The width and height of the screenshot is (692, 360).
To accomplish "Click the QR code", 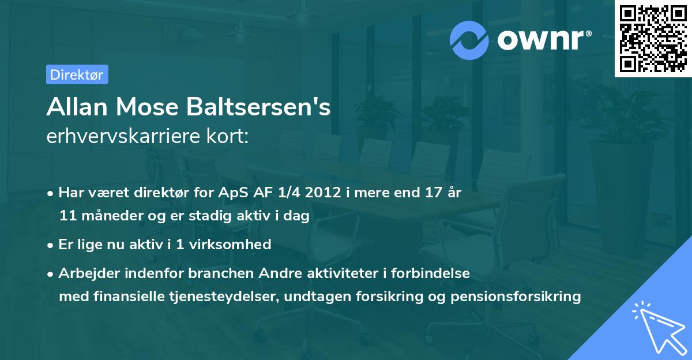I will click(x=653, y=39).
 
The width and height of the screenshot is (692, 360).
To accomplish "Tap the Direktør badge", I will click(x=77, y=74).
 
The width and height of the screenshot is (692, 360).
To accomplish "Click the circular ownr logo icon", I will click(x=469, y=40).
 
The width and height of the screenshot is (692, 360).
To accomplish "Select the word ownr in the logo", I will click(x=541, y=40).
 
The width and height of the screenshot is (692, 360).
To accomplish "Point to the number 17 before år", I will click(x=438, y=193).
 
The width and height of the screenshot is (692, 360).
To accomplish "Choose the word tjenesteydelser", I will click(x=213, y=297).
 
